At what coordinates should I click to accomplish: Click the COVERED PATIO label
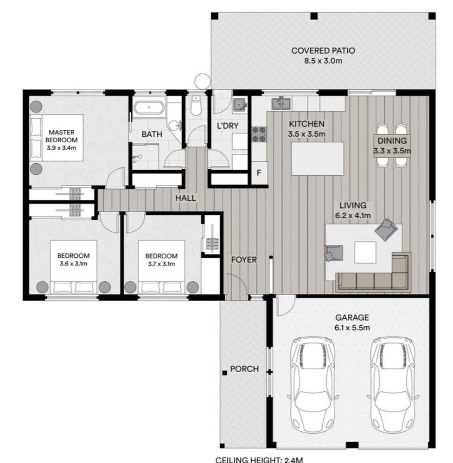click(323, 51)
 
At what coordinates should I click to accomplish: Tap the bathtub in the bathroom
click(149, 108)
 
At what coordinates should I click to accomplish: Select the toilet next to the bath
click(196, 105)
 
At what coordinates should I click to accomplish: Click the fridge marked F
click(259, 173)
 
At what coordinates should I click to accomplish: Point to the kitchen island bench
click(317, 159)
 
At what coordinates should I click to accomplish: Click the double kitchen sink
click(281, 103)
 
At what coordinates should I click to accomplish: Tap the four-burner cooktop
click(259, 134)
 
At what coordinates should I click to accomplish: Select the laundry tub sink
click(240, 105)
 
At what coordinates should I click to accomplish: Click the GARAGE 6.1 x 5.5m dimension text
click(352, 328)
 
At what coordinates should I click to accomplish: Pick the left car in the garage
click(313, 385)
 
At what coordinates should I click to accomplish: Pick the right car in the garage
click(393, 385)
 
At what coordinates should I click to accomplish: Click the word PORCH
click(244, 369)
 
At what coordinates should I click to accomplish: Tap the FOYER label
click(244, 260)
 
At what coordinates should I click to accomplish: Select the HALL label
click(185, 198)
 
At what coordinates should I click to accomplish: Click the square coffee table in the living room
click(365, 252)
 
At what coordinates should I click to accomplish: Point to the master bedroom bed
click(57, 138)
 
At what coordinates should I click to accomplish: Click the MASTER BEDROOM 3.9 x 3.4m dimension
click(62, 148)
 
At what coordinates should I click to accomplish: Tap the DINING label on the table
click(392, 141)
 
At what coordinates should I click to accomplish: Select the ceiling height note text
click(259, 460)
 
